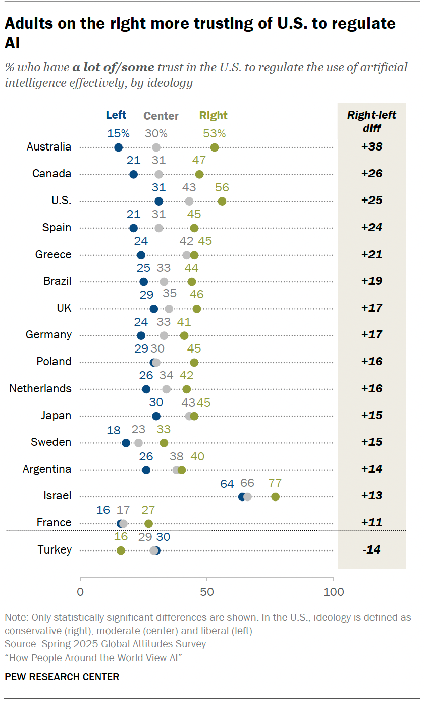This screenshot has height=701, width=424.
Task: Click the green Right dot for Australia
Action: [215, 147]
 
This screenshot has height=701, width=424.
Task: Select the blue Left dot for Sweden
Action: [126, 443]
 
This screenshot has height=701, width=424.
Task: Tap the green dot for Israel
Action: [275, 497]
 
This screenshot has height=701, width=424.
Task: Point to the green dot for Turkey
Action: [121, 550]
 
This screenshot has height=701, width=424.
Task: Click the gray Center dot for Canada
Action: [159, 174]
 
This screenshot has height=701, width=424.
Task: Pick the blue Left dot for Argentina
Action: [146, 470]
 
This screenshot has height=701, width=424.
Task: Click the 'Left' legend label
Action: [116, 115]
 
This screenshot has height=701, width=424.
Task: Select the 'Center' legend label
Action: [161, 116]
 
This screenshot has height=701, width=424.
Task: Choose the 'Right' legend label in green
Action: [214, 116]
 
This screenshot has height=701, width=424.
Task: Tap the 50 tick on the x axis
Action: [207, 591]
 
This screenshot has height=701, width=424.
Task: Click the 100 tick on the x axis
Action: [333, 591]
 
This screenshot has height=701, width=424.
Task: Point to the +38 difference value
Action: [372, 147]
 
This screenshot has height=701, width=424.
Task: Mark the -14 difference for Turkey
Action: [372, 550]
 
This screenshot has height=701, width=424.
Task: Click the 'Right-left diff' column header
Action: [372, 121]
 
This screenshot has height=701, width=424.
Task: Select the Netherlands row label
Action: [40, 389]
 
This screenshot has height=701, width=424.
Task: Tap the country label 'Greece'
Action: [54, 255]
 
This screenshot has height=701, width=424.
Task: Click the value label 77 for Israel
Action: [275, 484]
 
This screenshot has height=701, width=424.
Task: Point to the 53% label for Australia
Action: [215, 134]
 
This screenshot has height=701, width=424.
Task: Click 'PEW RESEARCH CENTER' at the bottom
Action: [62, 677]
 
